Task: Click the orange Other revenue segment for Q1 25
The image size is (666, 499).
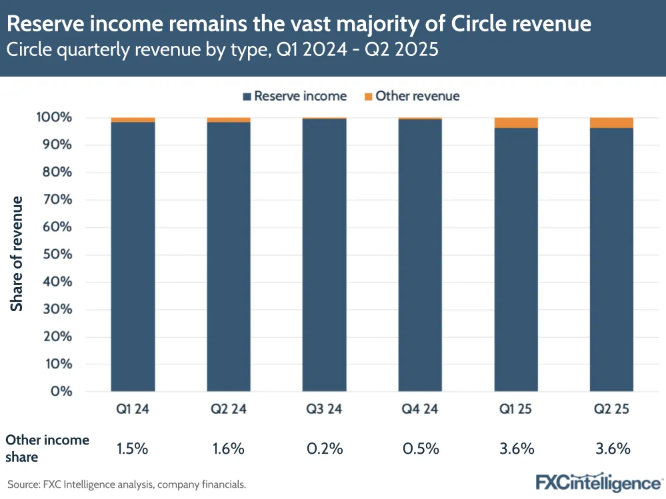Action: pos(516,123)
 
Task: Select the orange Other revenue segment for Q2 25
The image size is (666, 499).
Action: pos(611,123)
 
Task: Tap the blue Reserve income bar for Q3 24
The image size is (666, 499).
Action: pos(324,254)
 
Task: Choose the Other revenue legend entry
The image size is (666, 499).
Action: pos(411,96)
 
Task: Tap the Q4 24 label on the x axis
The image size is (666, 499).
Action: pos(420,409)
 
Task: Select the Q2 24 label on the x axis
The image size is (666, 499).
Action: pos(229,409)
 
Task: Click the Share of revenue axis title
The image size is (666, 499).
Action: pos(17,254)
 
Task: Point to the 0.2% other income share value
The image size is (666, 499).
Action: pos(325,448)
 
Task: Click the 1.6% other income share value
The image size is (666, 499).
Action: pos(229,448)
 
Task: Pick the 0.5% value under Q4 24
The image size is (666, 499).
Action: pos(421,448)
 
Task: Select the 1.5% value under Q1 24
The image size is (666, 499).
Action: pos(132,448)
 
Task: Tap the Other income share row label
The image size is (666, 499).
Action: pos(47,448)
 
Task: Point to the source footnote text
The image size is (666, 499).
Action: pos(127,484)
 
